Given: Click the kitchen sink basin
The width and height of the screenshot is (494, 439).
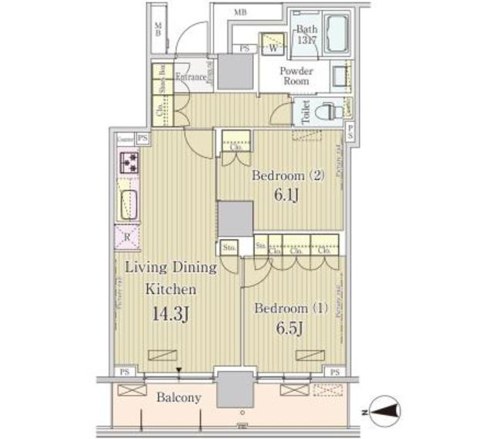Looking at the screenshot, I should tap(128, 204).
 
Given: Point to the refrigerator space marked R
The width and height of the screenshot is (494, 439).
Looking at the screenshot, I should tap(127, 237).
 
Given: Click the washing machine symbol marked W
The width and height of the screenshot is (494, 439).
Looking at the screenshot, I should tap(272, 44).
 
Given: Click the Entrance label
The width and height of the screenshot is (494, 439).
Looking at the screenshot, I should tap(191, 76).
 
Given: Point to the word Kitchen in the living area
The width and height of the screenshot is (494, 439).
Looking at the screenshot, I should tap(172, 290).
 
